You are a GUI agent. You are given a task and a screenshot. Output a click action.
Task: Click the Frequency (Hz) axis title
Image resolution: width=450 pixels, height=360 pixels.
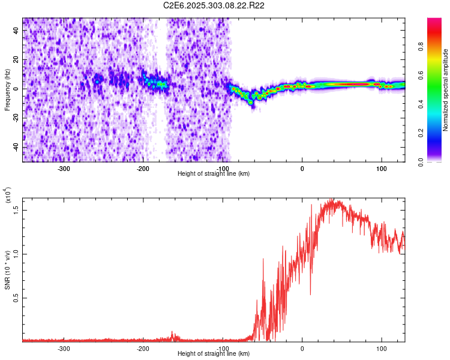(7, 90)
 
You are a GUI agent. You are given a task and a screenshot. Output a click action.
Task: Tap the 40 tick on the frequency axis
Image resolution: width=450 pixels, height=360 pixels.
(17, 31)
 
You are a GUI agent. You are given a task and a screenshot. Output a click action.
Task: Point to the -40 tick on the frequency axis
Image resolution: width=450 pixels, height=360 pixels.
(15, 147)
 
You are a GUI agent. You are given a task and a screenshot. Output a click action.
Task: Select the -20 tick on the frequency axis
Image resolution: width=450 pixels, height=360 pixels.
(15, 118)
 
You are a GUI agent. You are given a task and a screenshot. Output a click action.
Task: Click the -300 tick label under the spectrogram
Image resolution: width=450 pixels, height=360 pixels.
(64, 168)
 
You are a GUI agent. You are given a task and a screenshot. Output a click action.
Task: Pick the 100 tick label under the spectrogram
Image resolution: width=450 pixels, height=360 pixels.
(381, 168)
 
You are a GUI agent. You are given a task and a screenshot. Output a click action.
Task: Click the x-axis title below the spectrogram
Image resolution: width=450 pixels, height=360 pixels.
(214, 173)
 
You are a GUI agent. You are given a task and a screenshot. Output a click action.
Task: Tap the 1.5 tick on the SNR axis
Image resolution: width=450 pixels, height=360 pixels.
(16, 209)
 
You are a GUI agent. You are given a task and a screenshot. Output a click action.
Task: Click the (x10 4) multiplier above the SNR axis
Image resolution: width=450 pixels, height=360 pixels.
(8, 196)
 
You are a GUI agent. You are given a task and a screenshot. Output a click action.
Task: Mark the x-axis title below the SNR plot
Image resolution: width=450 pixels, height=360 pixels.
(214, 354)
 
